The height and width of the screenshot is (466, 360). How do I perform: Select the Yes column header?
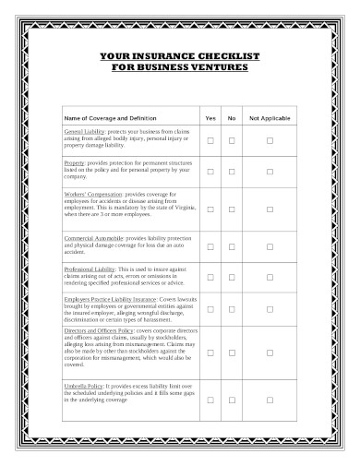pyautogui.click(x=210, y=119)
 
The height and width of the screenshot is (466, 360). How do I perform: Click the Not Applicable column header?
pyautogui.click(x=270, y=119)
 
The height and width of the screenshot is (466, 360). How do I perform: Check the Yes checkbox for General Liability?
pyautogui.click(x=210, y=140)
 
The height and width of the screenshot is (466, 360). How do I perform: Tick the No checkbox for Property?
pyautogui.click(x=232, y=171)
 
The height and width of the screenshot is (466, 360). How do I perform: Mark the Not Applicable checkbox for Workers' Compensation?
pyautogui.click(x=270, y=209)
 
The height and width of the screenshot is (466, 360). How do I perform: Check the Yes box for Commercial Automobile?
pyautogui.click(x=210, y=246)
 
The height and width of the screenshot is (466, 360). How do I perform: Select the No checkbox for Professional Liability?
pyautogui.click(x=232, y=278)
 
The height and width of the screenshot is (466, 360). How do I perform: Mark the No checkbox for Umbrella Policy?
pyautogui.click(x=232, y=400)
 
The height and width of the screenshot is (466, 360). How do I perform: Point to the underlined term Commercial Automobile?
pyautogui.click(x=93, y=239)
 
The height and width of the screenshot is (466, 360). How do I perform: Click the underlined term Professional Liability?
pyautogui.click(x=89, y=268)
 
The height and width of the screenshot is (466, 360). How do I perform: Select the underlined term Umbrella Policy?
pyautogui.click(x=82, y=383)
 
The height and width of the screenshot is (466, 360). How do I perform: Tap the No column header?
pyautogui.click(x=232, y=119)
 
